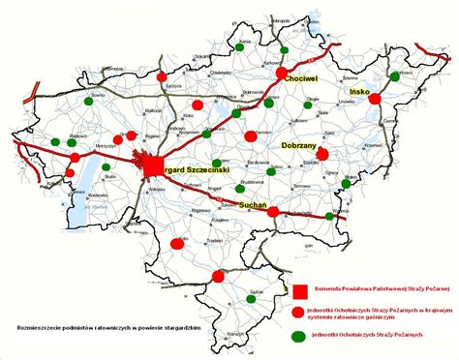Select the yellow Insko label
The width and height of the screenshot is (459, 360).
pos(358,92)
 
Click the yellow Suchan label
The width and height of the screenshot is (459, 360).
pos(251,205)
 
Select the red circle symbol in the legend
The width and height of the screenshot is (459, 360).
pos(300,312)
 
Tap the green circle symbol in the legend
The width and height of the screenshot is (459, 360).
pos(300,335)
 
